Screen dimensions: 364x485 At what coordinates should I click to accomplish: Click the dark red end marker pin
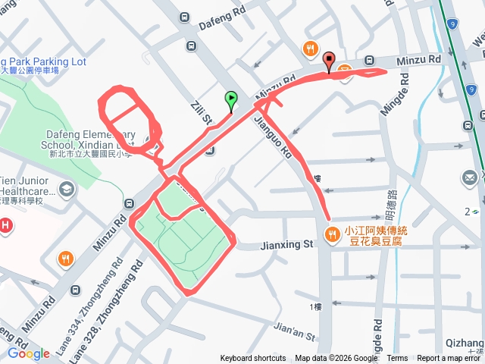(329, 60)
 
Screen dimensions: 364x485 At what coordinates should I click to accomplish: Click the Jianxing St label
(286, 245)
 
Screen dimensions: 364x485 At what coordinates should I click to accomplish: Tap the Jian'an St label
(293, 328)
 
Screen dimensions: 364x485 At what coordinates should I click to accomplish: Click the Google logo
(28, 353)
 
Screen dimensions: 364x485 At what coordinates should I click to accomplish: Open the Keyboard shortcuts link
(253, 359)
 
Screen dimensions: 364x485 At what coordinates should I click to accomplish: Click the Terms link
(397, 359)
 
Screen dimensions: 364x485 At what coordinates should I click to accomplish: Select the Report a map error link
(449, 359)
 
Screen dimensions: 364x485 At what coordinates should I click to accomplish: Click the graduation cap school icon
(67, 188)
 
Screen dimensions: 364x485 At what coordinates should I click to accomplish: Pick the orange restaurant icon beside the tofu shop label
(332, 236)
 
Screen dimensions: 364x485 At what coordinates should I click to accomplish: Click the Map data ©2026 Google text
(336, 359)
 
